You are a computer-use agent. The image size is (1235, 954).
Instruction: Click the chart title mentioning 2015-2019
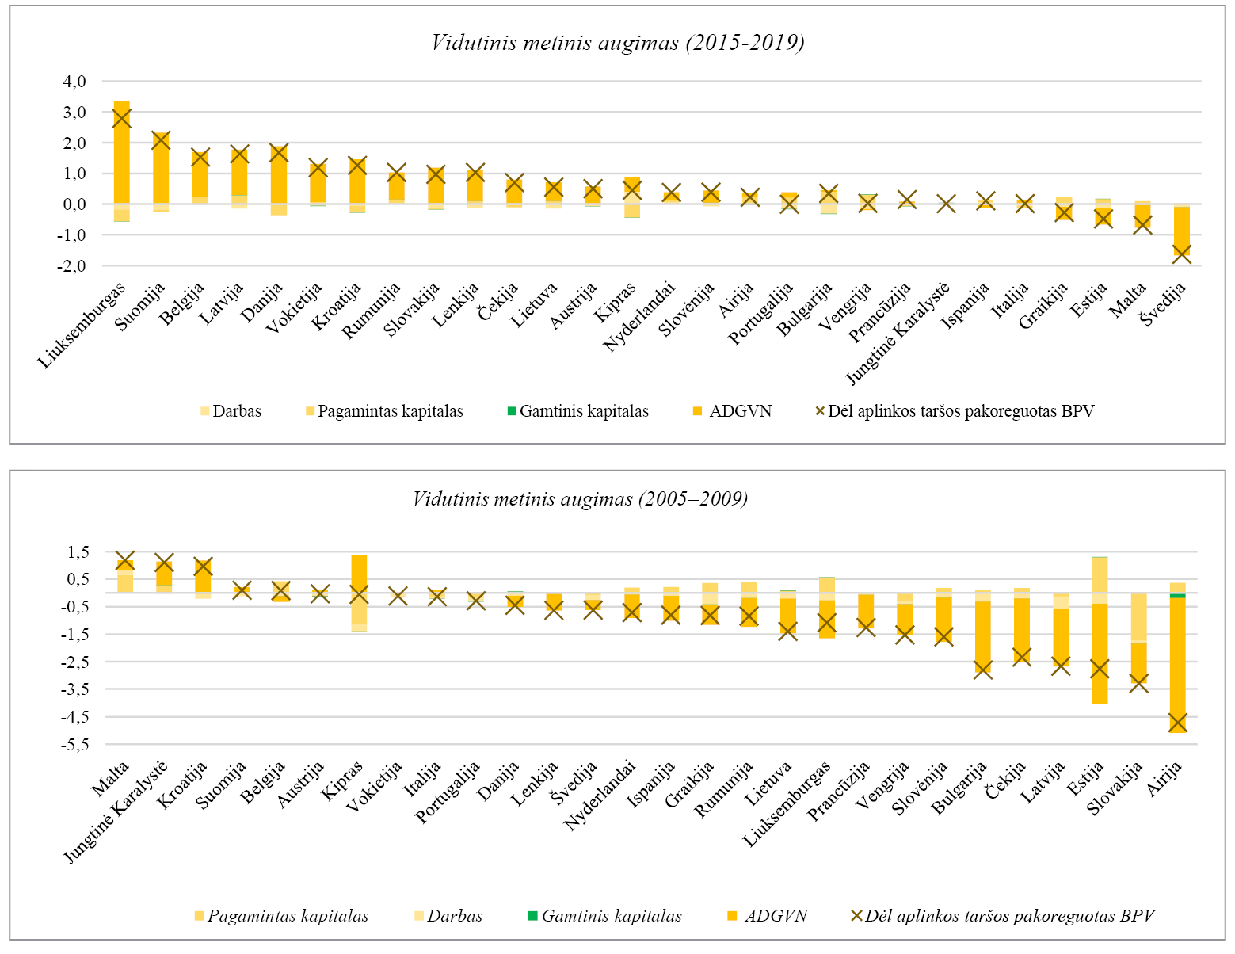617,43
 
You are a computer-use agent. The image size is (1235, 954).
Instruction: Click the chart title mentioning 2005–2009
580,499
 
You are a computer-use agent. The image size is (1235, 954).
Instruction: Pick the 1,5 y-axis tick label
78,552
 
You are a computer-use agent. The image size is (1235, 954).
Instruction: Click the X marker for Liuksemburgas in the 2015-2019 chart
121,119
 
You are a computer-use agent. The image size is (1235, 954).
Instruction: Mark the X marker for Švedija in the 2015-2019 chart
1181,254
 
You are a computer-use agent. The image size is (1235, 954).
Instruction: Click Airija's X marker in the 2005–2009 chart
1177,723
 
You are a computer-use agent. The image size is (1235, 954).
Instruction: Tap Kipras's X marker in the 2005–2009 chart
359,594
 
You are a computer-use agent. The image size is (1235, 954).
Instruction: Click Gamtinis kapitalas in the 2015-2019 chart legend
577,411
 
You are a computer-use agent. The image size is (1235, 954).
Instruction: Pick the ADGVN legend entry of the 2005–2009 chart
768,916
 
